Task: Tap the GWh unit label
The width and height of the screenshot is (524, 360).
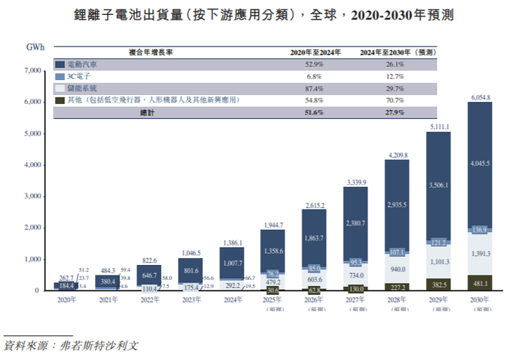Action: coord(35,47)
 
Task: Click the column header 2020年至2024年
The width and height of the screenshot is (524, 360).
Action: coord(315,52)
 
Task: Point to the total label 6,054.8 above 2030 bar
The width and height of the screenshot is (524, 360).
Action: coord(480,97)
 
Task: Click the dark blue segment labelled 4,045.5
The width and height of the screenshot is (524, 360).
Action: coord(480,162)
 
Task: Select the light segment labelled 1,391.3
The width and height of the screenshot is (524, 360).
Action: coord(480,254)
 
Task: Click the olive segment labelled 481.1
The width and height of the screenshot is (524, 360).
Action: coord(480,284)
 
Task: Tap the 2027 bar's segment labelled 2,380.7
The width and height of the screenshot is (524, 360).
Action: coord(355,222)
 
